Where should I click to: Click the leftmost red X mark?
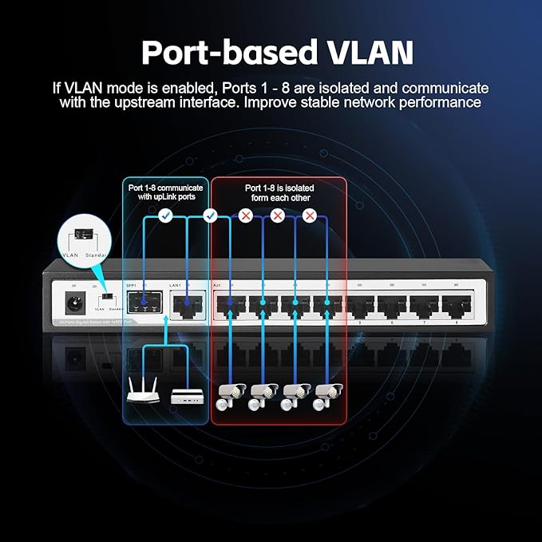pos(246,216)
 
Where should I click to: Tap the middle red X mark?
pos(278,216)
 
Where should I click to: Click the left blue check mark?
pos(164,216)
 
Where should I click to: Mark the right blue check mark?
pos(211,216)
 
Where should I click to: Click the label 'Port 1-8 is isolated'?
pos(278,188)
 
